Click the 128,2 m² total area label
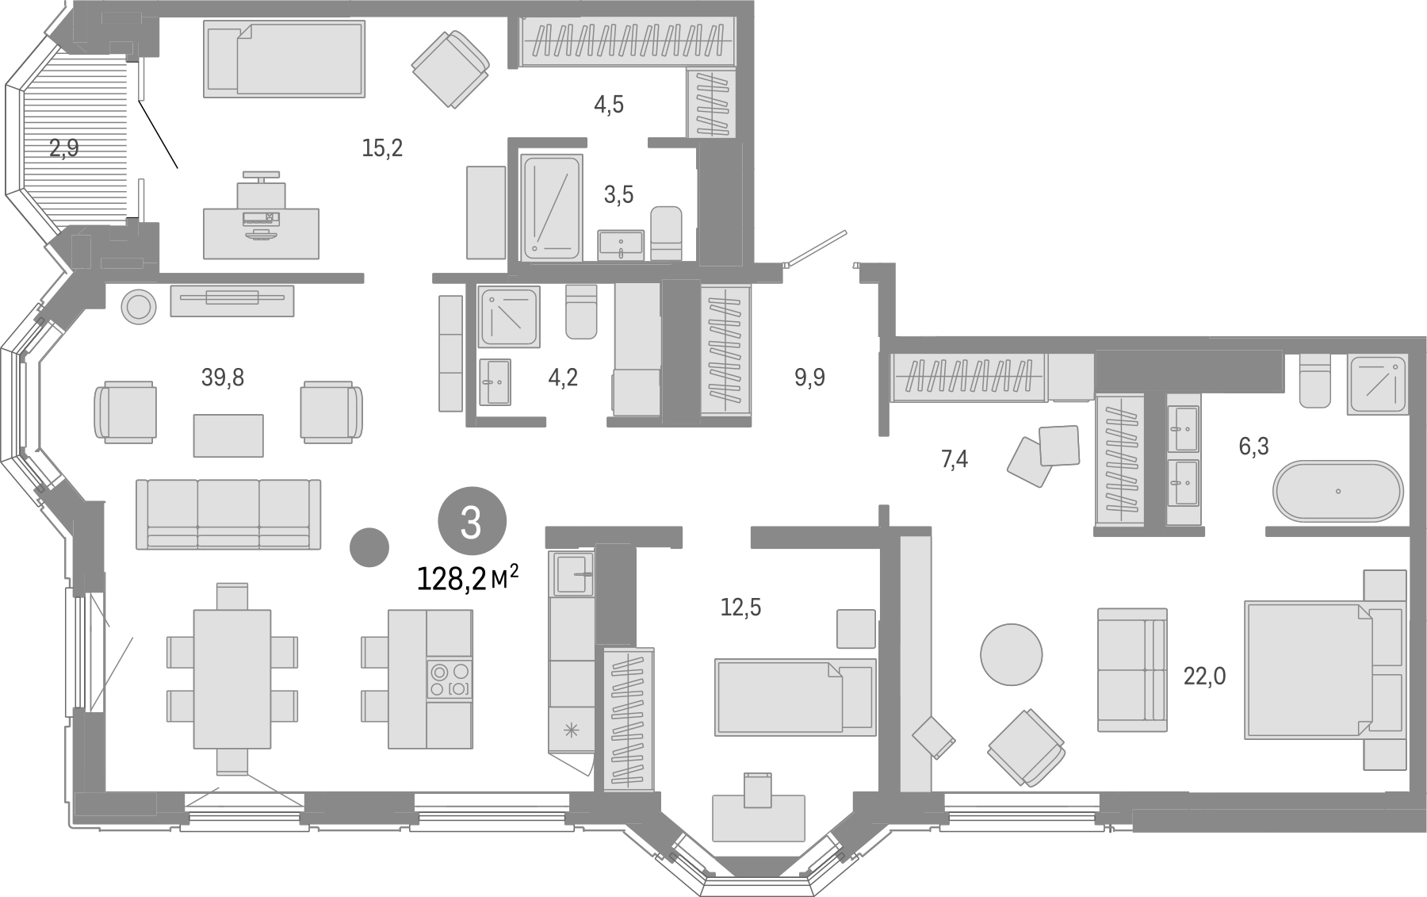[x=468, y=579]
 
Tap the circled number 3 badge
[x=472, y=523]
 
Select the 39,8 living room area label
[x=223, y=378]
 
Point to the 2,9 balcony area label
[x=64, y=148]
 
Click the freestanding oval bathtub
[x=1338, y=491]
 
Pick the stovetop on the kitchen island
[x=450, y=680]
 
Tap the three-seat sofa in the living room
[x=228, y=514]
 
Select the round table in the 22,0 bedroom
[x=1011, y=654]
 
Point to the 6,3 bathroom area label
[x=1253, y=447]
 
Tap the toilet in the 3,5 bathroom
[x=666, y=233]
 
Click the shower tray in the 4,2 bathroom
[x=509, y=316]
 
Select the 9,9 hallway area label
[x=809, y=378]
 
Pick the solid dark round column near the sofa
[x=369, y=547]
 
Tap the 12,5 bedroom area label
[x=740, y=607]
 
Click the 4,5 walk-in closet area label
[x=609, y=104]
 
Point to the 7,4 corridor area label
[x=954, y=458]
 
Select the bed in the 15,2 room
[x=285, y=59]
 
